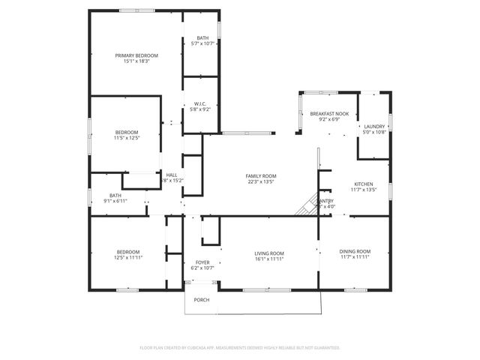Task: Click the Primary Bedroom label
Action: [136, 55]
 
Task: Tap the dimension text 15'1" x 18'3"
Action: [136, 61]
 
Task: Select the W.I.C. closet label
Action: [200, 103]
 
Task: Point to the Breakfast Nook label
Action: [325, 113]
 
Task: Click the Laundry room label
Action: [373, 126]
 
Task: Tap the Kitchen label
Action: [363, 184]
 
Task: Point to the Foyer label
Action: [202, 262]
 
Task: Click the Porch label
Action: [202, 300]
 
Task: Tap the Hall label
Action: [172, 175]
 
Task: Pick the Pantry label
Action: [326, 201]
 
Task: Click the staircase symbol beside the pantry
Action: [306, 205]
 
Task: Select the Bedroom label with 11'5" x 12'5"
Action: [127, 132]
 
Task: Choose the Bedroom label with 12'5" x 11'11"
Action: [127, 251]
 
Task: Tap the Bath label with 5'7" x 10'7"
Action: [202, 38]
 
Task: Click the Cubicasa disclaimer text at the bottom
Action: [240, 348]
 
